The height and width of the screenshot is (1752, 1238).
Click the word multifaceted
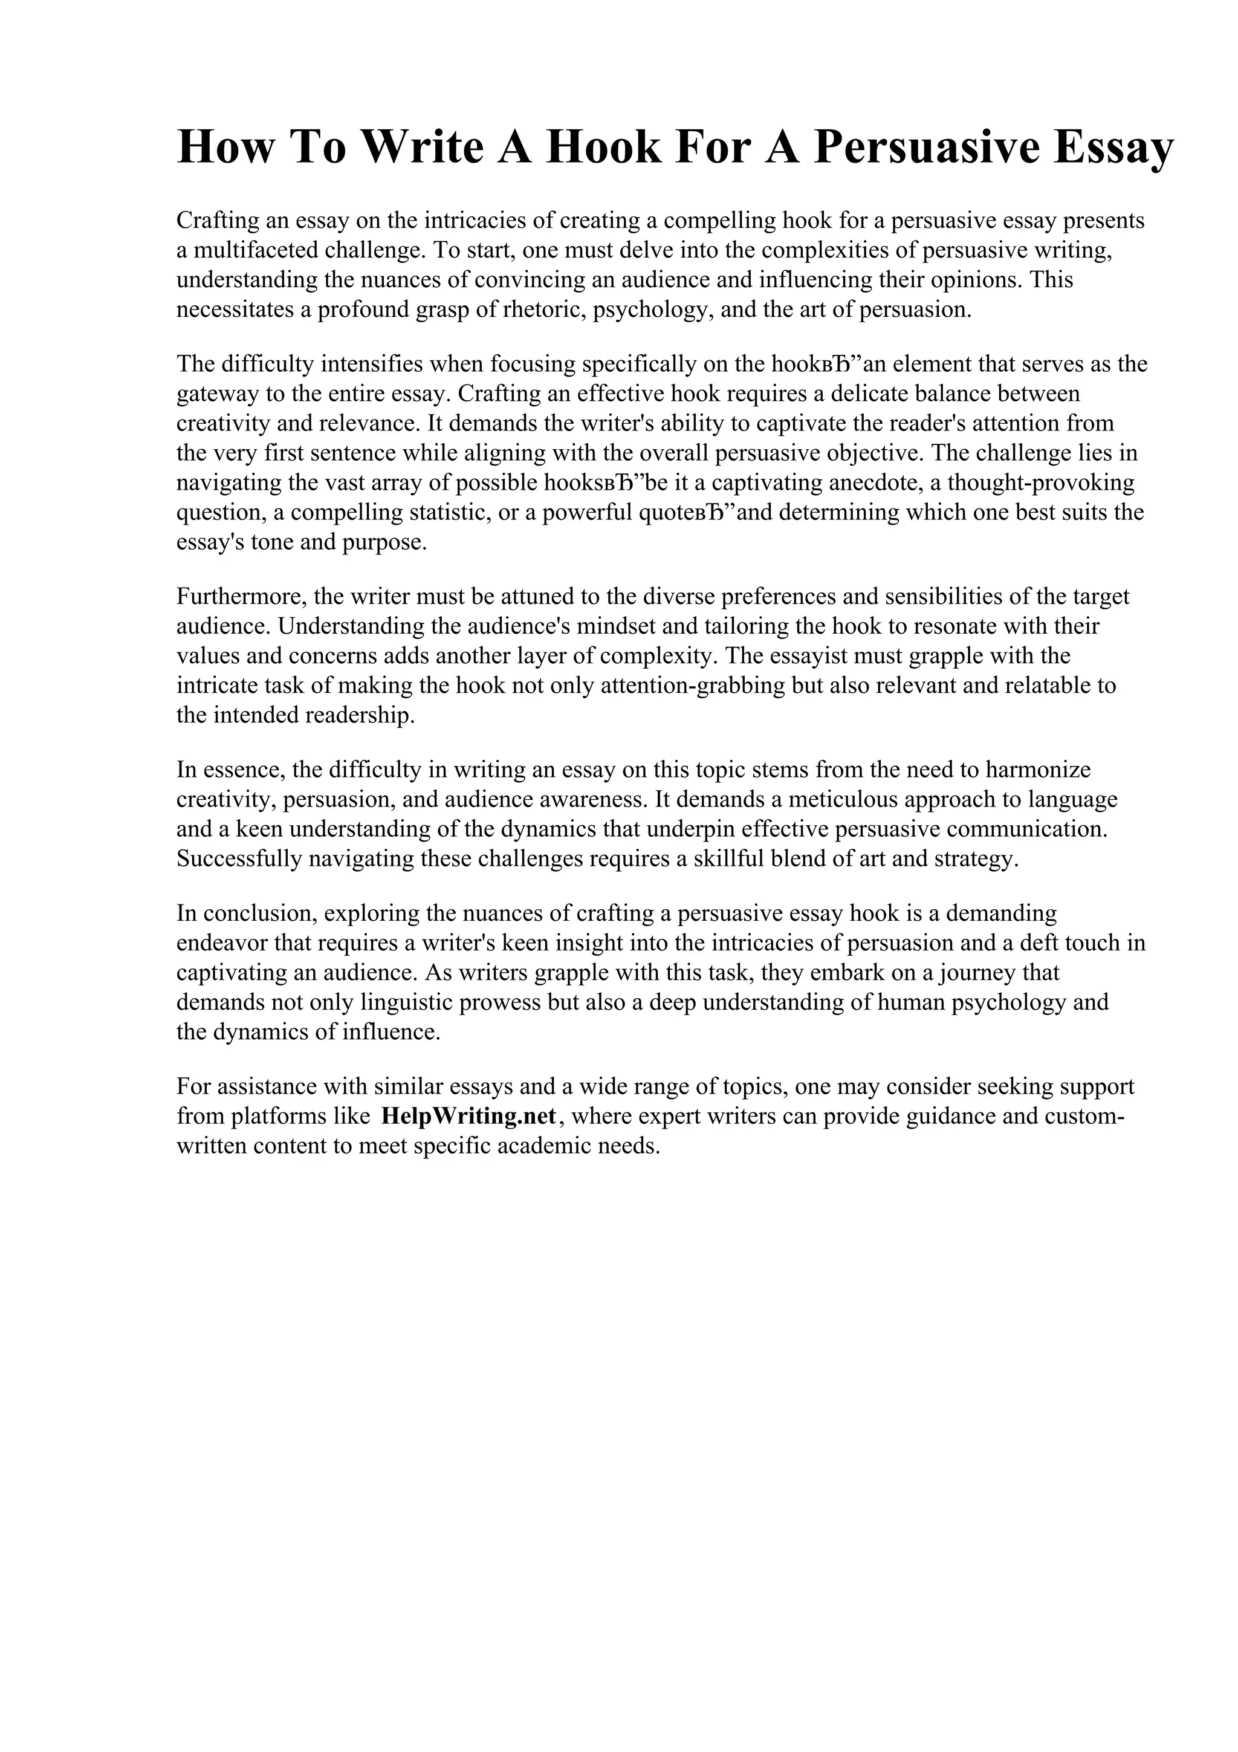(254, 250)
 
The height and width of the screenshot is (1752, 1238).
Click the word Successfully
(239, 859)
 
